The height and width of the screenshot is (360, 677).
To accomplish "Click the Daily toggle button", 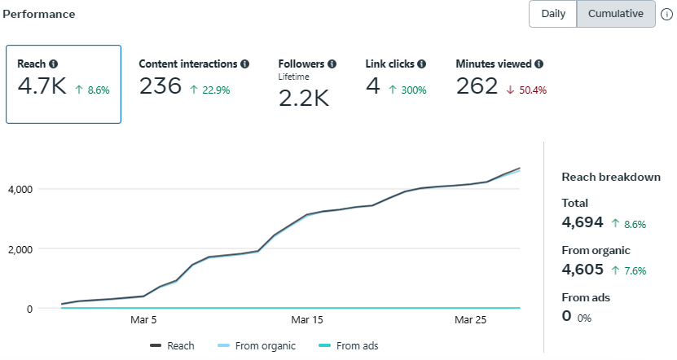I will click(x=553, y=14).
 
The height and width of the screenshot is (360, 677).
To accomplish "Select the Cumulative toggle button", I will click(x=616, y=14).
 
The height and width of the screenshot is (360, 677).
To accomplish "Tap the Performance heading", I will click(x=39, y=15).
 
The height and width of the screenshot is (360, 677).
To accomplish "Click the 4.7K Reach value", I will click(x=42, y=86).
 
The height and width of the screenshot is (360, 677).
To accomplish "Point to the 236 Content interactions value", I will click(x=160, y=86).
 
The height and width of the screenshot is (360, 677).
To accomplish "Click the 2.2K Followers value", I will click(x=304, y=98).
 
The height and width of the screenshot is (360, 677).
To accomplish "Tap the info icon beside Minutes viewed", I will click(x=539, y=64).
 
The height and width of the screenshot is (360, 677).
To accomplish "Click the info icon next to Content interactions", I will click(x=245, y=64).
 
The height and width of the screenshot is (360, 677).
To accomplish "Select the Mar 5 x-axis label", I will click(x=143, y=320).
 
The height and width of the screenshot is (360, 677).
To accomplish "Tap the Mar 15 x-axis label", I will click(x=307, y=320).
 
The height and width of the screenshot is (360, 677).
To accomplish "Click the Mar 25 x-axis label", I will click(x=470, y=320).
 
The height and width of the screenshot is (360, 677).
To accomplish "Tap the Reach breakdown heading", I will click(x=610, y=177).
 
